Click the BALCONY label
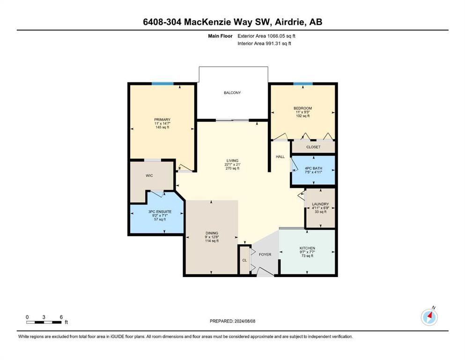(232, 93)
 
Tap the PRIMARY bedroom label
(162, 120)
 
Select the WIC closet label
(149, 176)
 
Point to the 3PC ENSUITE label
(160, 212)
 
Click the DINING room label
(212, 233)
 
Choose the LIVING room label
(232, 161)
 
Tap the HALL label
(280, 157)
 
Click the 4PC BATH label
(313, 168)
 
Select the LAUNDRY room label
(320, 204)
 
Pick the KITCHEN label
(307, 248)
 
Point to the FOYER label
(265, 255)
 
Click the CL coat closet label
(244, 261)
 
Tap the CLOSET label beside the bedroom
(313, 147)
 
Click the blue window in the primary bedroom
(162, 84)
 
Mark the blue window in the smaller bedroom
(303, 84)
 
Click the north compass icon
(429, 317)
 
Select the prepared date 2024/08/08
(244, 321)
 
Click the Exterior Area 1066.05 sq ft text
(266, 36)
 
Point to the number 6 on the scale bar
(61, 317)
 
